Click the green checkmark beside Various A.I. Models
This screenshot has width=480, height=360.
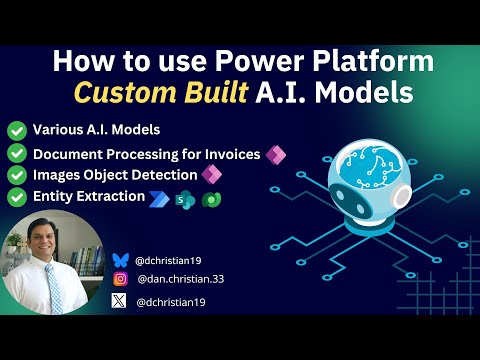click(x=16, y=130)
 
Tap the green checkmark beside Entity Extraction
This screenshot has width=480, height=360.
click(x=16, y=197)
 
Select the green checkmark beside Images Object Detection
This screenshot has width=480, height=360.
click(x=16, y=175)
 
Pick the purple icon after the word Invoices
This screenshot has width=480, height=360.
click(x=274, y=154)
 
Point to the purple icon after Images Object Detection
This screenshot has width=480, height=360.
click(x=210, y=175)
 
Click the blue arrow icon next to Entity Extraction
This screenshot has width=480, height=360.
click(x=161, y=198)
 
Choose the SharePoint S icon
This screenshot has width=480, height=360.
click(x=184, y=199)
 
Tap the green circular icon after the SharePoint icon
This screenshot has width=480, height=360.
click(x=208, y=199)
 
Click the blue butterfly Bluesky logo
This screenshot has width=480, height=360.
click(x=121, y=258)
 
